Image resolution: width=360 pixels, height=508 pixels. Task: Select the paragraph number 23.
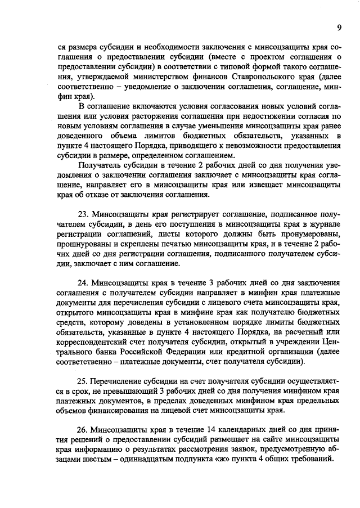click(82, 214)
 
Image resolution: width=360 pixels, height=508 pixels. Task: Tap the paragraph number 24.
click(82, 282)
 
